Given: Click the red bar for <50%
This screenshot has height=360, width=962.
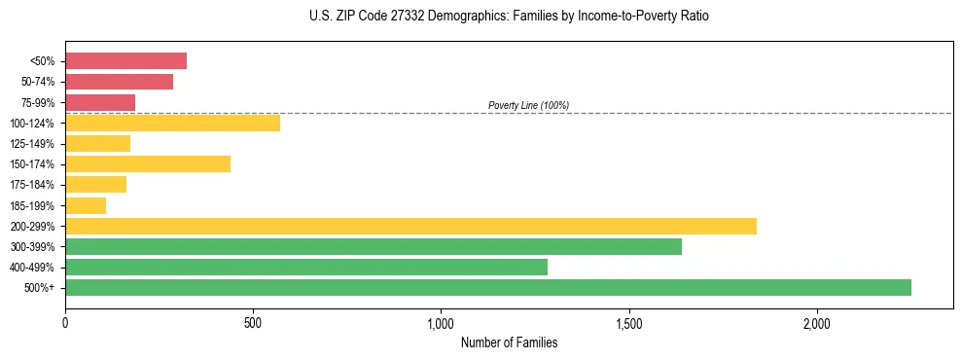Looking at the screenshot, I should click(125, 61).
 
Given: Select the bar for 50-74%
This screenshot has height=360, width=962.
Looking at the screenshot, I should click(119, 82).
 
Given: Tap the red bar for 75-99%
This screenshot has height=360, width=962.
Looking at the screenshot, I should click(100, 102).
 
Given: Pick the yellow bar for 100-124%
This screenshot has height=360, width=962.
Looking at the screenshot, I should click(172, 123).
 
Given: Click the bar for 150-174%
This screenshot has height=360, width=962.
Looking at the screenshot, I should click(148, 163).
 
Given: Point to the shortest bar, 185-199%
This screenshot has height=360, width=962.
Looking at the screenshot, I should click(86, 205).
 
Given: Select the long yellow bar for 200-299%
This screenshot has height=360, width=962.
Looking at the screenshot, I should click(410, 226).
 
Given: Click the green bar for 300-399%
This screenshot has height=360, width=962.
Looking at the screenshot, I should click(374, 246).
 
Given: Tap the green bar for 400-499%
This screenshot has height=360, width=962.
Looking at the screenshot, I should click(306, 267).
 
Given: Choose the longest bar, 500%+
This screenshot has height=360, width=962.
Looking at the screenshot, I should click(488, 287).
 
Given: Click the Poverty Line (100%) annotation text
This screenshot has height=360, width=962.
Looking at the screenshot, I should click(528, 105).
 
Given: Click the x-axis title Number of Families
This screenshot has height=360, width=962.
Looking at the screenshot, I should click(509, 342).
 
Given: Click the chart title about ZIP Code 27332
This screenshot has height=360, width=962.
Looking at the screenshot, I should click(509, 17).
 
